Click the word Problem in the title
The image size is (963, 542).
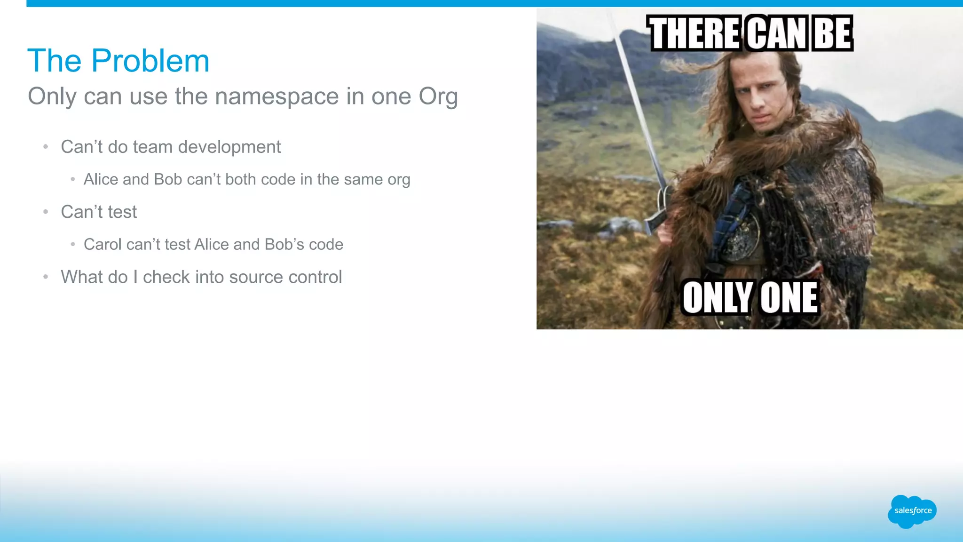150,61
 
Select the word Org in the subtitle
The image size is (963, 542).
438,96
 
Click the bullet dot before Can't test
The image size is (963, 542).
46,212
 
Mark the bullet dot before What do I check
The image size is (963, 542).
46,277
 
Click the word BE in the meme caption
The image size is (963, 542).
832,33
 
